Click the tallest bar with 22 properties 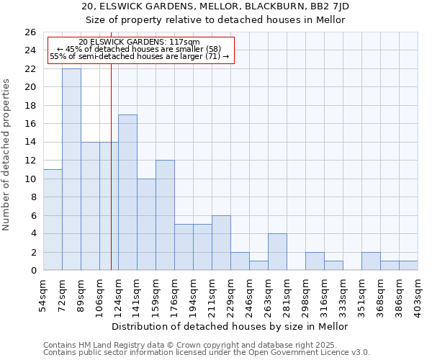tap(71, 169)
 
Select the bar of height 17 tap(127, 192)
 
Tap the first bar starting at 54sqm tap(53, 220)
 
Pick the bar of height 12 tap(165, 215)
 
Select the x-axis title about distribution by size tap(230, 326)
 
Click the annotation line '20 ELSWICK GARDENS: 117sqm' tap(139, 42)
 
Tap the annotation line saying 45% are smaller tap(139, 49)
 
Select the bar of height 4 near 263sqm tap(277, 252)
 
